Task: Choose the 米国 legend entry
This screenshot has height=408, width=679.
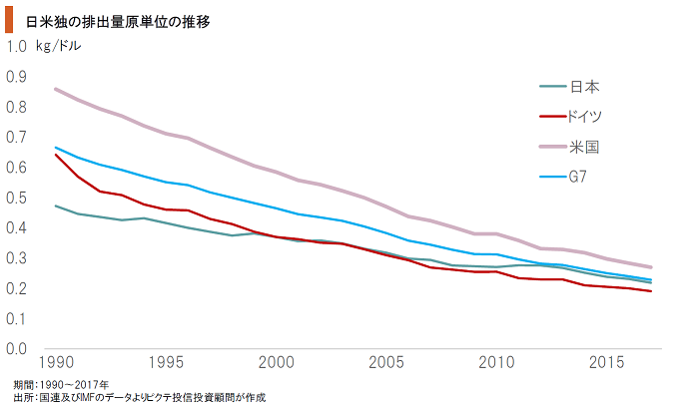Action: [x=584, y=147]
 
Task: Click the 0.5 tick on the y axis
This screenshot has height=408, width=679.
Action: [x=16, y=198]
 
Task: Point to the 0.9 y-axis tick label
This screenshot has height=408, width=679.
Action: [x=16, y=77]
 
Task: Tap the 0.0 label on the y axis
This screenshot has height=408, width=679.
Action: [x=16, y=349]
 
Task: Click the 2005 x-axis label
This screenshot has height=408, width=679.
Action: [x=386, y=360]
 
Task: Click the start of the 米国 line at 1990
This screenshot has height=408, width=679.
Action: [x=54, y=89]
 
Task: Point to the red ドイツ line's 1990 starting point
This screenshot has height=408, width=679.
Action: [x=54, y=155]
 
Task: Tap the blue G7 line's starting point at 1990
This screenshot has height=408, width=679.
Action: [x=54, y=147]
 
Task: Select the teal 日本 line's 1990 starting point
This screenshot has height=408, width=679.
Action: [x=54, y=205]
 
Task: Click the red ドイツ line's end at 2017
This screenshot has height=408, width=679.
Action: [x=651, y=291]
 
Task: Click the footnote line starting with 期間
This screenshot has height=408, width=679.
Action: [x=62, y=384]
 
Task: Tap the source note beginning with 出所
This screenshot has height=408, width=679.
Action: [x=140, y=397]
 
